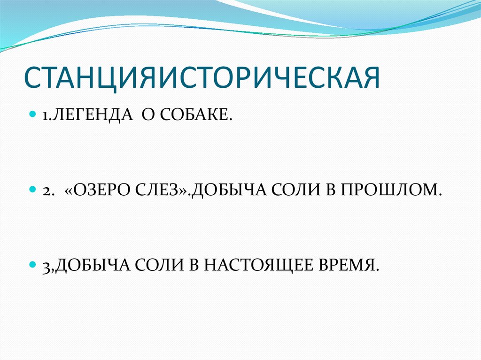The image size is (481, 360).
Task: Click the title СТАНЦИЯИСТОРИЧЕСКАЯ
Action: [202, 77]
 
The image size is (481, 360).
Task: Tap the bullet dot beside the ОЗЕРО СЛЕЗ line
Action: [32, 190]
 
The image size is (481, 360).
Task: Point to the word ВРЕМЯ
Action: [348, 265]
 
